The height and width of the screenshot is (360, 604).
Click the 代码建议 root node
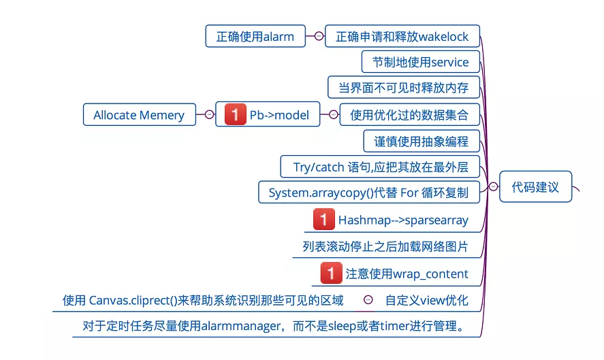535,187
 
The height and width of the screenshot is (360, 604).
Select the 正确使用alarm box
255,37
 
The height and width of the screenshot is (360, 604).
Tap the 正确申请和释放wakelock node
402,37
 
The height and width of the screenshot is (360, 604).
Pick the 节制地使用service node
420,62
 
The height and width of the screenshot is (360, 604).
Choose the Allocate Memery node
139,115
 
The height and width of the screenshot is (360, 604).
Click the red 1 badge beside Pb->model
235,115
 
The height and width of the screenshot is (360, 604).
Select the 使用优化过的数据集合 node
409,115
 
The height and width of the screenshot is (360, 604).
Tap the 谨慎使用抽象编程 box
421,141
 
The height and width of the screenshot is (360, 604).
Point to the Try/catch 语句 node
380,167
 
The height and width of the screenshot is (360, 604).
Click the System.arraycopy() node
368,193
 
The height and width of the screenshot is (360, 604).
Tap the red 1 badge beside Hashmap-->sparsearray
323,220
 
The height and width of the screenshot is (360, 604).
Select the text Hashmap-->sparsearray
403,220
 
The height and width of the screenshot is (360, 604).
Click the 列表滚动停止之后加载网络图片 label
385,246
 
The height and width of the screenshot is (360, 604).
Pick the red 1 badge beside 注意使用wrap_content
331,274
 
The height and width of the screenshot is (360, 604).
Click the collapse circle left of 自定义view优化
368,299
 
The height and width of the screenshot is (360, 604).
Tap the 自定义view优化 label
426,300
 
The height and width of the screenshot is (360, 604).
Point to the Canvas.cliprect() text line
203,300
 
